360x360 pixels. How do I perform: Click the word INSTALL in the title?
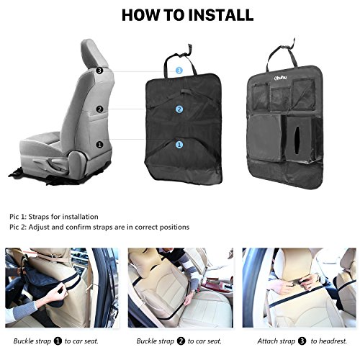pyautogui.click(x=221, y=15)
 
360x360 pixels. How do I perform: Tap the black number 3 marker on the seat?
pyautogui.click(x=99, y=71)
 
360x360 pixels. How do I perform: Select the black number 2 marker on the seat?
pyautogui.click(x=99, y=109)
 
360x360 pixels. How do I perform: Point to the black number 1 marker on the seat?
pyautogui.click(x=99, y=145)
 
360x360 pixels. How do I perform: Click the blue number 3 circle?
pyautogui.click(x=179, y=71)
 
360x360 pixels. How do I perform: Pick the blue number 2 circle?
pyautogui.click(x=179, y=109)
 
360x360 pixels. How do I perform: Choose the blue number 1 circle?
pyautogui.click(x=179, y=145)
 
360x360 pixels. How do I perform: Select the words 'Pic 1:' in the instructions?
pyautogui.click(x=17, y=217)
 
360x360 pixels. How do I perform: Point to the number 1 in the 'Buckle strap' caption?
pyautogui.click(x=58, y=341)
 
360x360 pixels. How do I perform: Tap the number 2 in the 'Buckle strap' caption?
pyautogui.click(x=181, y=341)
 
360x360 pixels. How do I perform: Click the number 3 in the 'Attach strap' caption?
pyautogui.click(x=302, y=341)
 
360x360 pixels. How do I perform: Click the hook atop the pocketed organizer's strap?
pyautogui.click(x=292, y=43)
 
